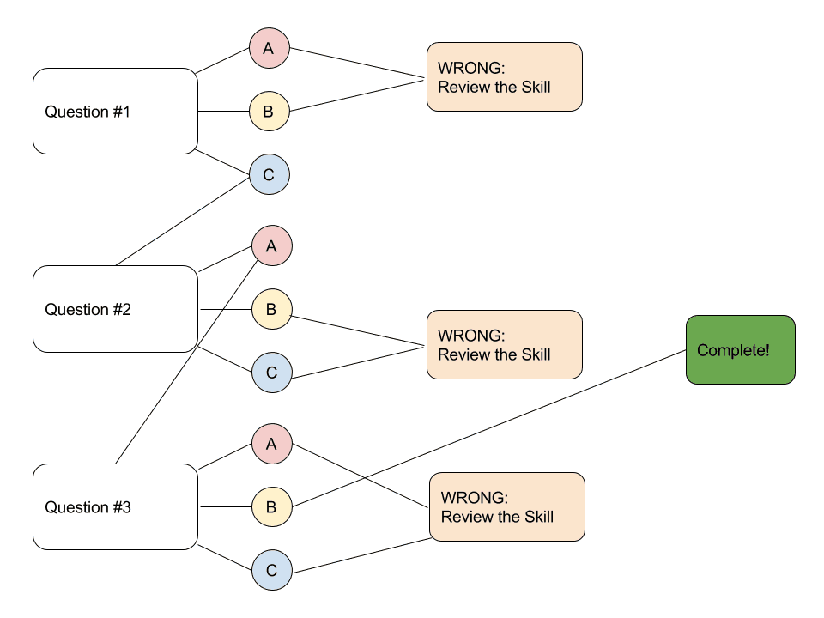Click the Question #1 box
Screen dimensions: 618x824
pos(115,112)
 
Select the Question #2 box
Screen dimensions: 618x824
pos(115,309)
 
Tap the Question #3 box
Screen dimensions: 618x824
pos(115,507)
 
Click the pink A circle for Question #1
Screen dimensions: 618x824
pos(270,49)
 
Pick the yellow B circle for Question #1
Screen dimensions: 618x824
pos(270,112)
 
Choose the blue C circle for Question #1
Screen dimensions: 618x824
pos(270,175)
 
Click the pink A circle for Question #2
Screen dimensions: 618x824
pos(272,246)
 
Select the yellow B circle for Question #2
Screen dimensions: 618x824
pos(272,309)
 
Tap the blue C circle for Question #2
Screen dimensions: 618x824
pos(272,373)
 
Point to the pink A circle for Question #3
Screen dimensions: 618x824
pos(272,444)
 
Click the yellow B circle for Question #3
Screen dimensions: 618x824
pos(272,507)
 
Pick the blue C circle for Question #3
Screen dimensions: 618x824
pos(272,570)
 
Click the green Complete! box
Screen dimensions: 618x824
pos(740,349)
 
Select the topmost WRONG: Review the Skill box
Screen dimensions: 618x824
pos(505,77)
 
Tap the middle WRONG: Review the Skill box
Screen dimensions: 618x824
pos(505,345)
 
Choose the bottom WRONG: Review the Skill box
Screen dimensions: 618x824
pos(506,506)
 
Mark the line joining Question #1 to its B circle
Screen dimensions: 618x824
pos(223,112)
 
